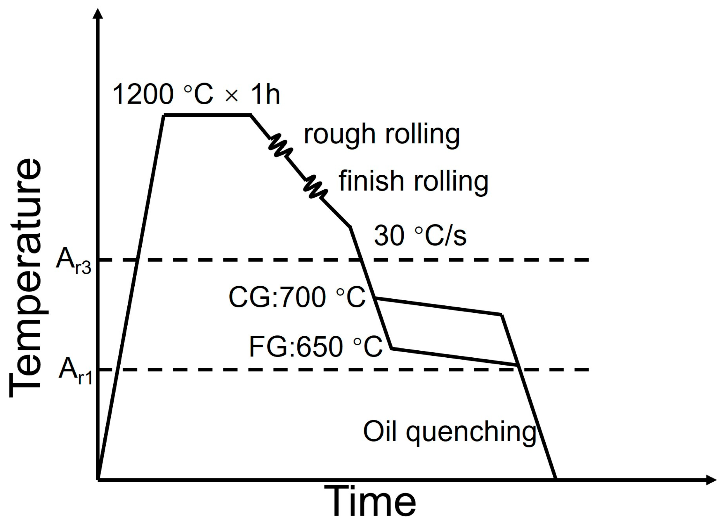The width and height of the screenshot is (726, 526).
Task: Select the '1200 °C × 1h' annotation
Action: coord(196,94)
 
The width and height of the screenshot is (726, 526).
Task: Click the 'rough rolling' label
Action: coord(382,135)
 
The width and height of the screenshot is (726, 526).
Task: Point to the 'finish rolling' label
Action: coord(414,181)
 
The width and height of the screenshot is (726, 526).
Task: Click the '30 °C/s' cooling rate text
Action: coord(420,236)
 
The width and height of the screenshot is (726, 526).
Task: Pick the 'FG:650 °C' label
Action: coord(316,347)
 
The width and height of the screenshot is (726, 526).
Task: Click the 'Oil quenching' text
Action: coord(449,432)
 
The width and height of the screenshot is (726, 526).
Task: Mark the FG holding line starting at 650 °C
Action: coord(454,356)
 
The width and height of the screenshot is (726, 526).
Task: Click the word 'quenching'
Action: coord(471,433)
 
